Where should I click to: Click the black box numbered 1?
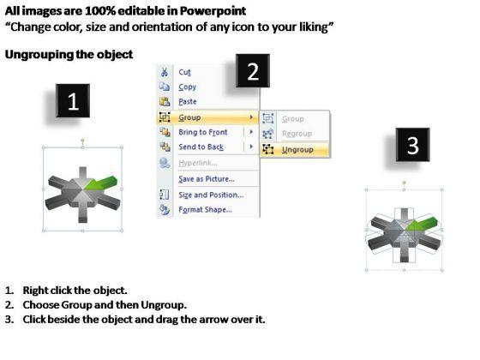point(73,101)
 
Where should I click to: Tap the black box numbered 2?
point(253,70)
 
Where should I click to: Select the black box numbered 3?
point(412,145)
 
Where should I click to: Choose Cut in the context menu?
point(184,72)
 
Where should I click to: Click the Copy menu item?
point(188,87)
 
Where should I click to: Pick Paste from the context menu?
point(188,102)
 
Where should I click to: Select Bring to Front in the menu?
point(203,132)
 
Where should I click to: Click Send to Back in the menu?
point(201,147)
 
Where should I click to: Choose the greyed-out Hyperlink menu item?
point(198,163)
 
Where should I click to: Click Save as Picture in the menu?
point(207,179)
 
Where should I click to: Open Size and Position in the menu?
point(211,195)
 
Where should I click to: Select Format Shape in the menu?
point(205,210)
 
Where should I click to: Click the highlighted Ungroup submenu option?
point(297,150)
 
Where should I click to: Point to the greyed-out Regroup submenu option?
point(297,134)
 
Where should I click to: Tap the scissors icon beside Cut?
point(165,72)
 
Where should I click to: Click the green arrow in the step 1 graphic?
point(102,183)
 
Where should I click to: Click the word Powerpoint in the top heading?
point(213,11)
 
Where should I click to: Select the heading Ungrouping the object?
point(69,55)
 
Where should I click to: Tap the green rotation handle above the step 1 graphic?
point(82,141)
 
